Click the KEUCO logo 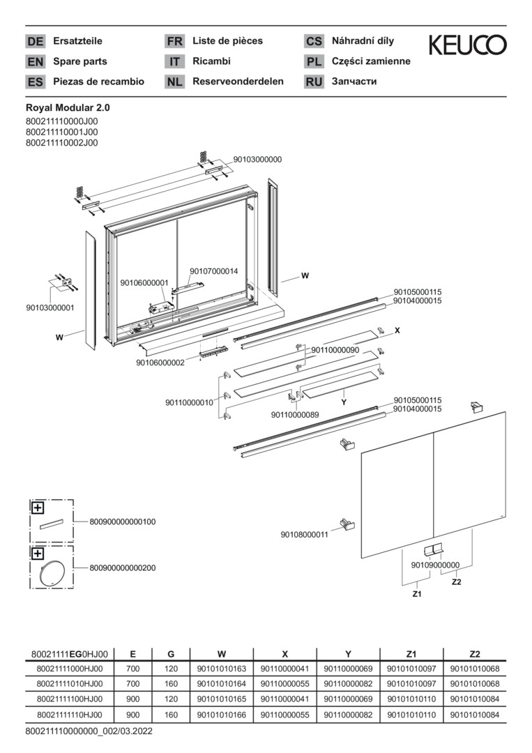click(x=467, y=45)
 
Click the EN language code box click(x=35, y=62)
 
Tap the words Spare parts click(x=80, y=61)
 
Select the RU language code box click(x=314, y=82)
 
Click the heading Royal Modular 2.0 click(x=68, y=108)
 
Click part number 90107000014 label click(x=213, y=271)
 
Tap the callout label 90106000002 click(x=160, y=363)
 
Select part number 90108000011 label click(x=305, y=535)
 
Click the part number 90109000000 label click(x=435, y=565)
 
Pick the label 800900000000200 click(x=122, y=568)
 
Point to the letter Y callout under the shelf click(x=344, y=402)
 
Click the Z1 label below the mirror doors click(x=417, y=594)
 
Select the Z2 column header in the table click(x=474, y=654)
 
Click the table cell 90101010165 click(x=221, y=699)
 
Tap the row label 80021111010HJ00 click(x=69, y=684)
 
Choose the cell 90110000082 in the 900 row click(x=348, y=715)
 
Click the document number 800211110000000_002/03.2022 click(x=89, y=731)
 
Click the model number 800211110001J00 click(x=61, y=132)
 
